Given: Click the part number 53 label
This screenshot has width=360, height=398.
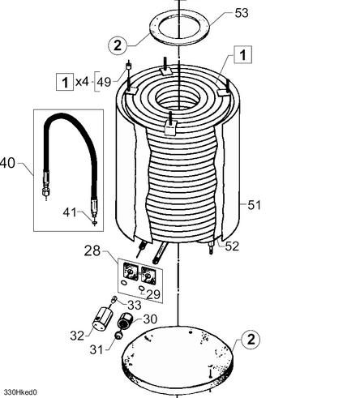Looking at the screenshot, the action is [x=242, y=13].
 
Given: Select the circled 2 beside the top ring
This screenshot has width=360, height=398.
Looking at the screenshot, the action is [x=118, y=45].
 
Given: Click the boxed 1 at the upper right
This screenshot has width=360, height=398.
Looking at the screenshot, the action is [x=243, y=54].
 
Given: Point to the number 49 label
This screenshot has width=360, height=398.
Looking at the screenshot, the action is [x=104, y=82].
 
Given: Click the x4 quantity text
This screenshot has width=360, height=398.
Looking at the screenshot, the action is [x=82, y=81].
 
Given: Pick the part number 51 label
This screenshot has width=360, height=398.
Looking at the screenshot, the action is [x=255, y=205].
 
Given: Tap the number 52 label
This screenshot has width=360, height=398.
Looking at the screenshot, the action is [x=232, y=246].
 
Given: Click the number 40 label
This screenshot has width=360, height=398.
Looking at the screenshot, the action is [x=7, y=163].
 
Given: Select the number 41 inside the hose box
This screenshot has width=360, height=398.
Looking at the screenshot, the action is [x=70, y=212].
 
